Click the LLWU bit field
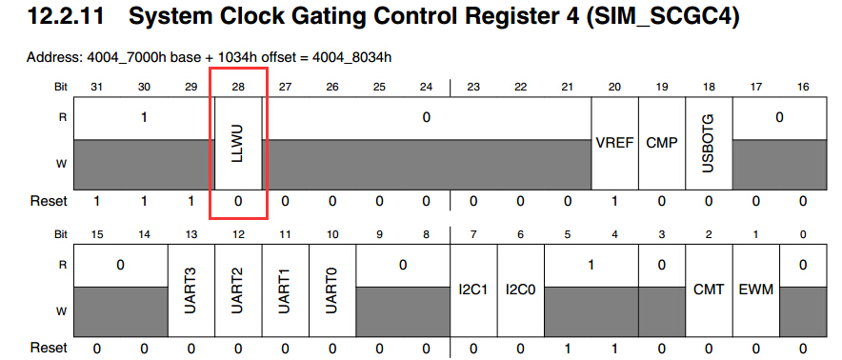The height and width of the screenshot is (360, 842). point(238,144)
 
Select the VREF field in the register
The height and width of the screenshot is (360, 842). point(614,144)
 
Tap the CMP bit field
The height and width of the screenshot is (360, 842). point(662,144)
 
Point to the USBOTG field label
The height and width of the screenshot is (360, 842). point(709,144)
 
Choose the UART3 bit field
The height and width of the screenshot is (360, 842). point(191,290)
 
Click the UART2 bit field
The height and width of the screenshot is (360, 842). point(238,290)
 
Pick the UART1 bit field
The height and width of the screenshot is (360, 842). point(286,290)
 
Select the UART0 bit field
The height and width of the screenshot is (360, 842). point(332,290)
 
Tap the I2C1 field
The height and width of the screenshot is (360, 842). point(473,290)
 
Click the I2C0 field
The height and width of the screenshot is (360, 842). point(521,290)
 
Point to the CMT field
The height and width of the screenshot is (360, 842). point(709,290)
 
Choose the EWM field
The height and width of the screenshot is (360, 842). point(755,290)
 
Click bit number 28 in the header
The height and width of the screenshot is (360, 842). point(238,87)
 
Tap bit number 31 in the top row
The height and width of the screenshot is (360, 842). point(97,87)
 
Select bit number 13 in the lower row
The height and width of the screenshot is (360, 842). point(191,234)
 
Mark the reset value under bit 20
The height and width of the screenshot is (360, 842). point(614,202)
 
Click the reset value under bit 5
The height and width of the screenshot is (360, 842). point(568,349)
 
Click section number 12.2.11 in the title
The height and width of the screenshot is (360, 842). point(69,18)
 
